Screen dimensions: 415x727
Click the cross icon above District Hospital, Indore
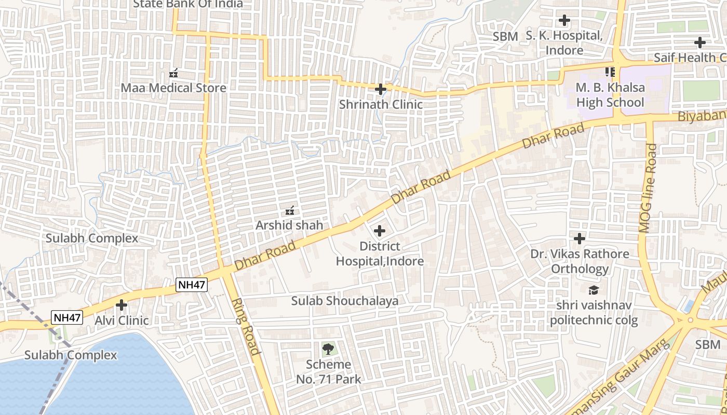pos(380,230)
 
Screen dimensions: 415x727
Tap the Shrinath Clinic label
pos(381,104)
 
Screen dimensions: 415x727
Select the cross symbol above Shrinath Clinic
pos(381,89)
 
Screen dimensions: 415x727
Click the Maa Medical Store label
pos(173,88)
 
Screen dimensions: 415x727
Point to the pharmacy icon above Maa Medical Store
pos(174,73)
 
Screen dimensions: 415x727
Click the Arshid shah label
pos(289,225)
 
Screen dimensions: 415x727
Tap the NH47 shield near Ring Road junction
pos(192,284)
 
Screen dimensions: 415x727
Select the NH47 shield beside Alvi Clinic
pos(67,317)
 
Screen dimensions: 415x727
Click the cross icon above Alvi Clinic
pos(122,305)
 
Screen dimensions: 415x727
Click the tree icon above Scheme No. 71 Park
pos(328,349)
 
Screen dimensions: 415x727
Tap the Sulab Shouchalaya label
pos(345,301)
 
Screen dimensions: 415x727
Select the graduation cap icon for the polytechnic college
pos(594,290)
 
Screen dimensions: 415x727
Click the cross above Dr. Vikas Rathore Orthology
pos(580,239)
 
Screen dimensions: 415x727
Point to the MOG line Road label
pos(648,188)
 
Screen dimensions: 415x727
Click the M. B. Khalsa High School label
pos(610,95)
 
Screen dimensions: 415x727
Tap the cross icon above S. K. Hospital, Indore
pos(564,21)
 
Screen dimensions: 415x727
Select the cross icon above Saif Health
pos(700,43)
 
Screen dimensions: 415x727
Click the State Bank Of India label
pos(188,4)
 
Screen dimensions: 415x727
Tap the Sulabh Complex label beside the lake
pos(71,355)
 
